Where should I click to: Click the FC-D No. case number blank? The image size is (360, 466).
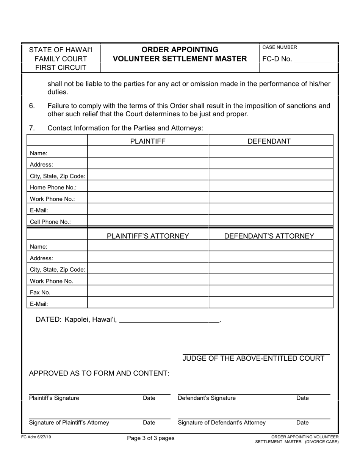315,59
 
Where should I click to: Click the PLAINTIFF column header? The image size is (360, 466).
148,141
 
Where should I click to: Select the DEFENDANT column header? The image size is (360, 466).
269,141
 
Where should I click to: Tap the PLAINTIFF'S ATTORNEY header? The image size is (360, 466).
148,236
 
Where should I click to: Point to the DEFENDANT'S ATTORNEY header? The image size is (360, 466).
269,236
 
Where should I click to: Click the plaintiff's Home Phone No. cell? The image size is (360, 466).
148,187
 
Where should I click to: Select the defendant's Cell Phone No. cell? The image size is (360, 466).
271,222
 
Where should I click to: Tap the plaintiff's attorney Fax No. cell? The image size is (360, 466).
148,292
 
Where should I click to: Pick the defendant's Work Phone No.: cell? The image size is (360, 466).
271,199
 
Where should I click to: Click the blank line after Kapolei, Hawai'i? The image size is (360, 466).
169,320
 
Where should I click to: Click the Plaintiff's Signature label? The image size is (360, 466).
54,398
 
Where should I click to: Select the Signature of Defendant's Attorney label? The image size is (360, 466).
222,422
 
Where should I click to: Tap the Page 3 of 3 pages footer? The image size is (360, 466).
151,438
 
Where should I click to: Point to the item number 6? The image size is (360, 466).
32,106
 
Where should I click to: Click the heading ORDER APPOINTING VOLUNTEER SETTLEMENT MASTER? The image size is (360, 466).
180,54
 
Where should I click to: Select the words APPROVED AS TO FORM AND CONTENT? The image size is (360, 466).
99,373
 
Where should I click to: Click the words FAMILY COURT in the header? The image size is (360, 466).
61,59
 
